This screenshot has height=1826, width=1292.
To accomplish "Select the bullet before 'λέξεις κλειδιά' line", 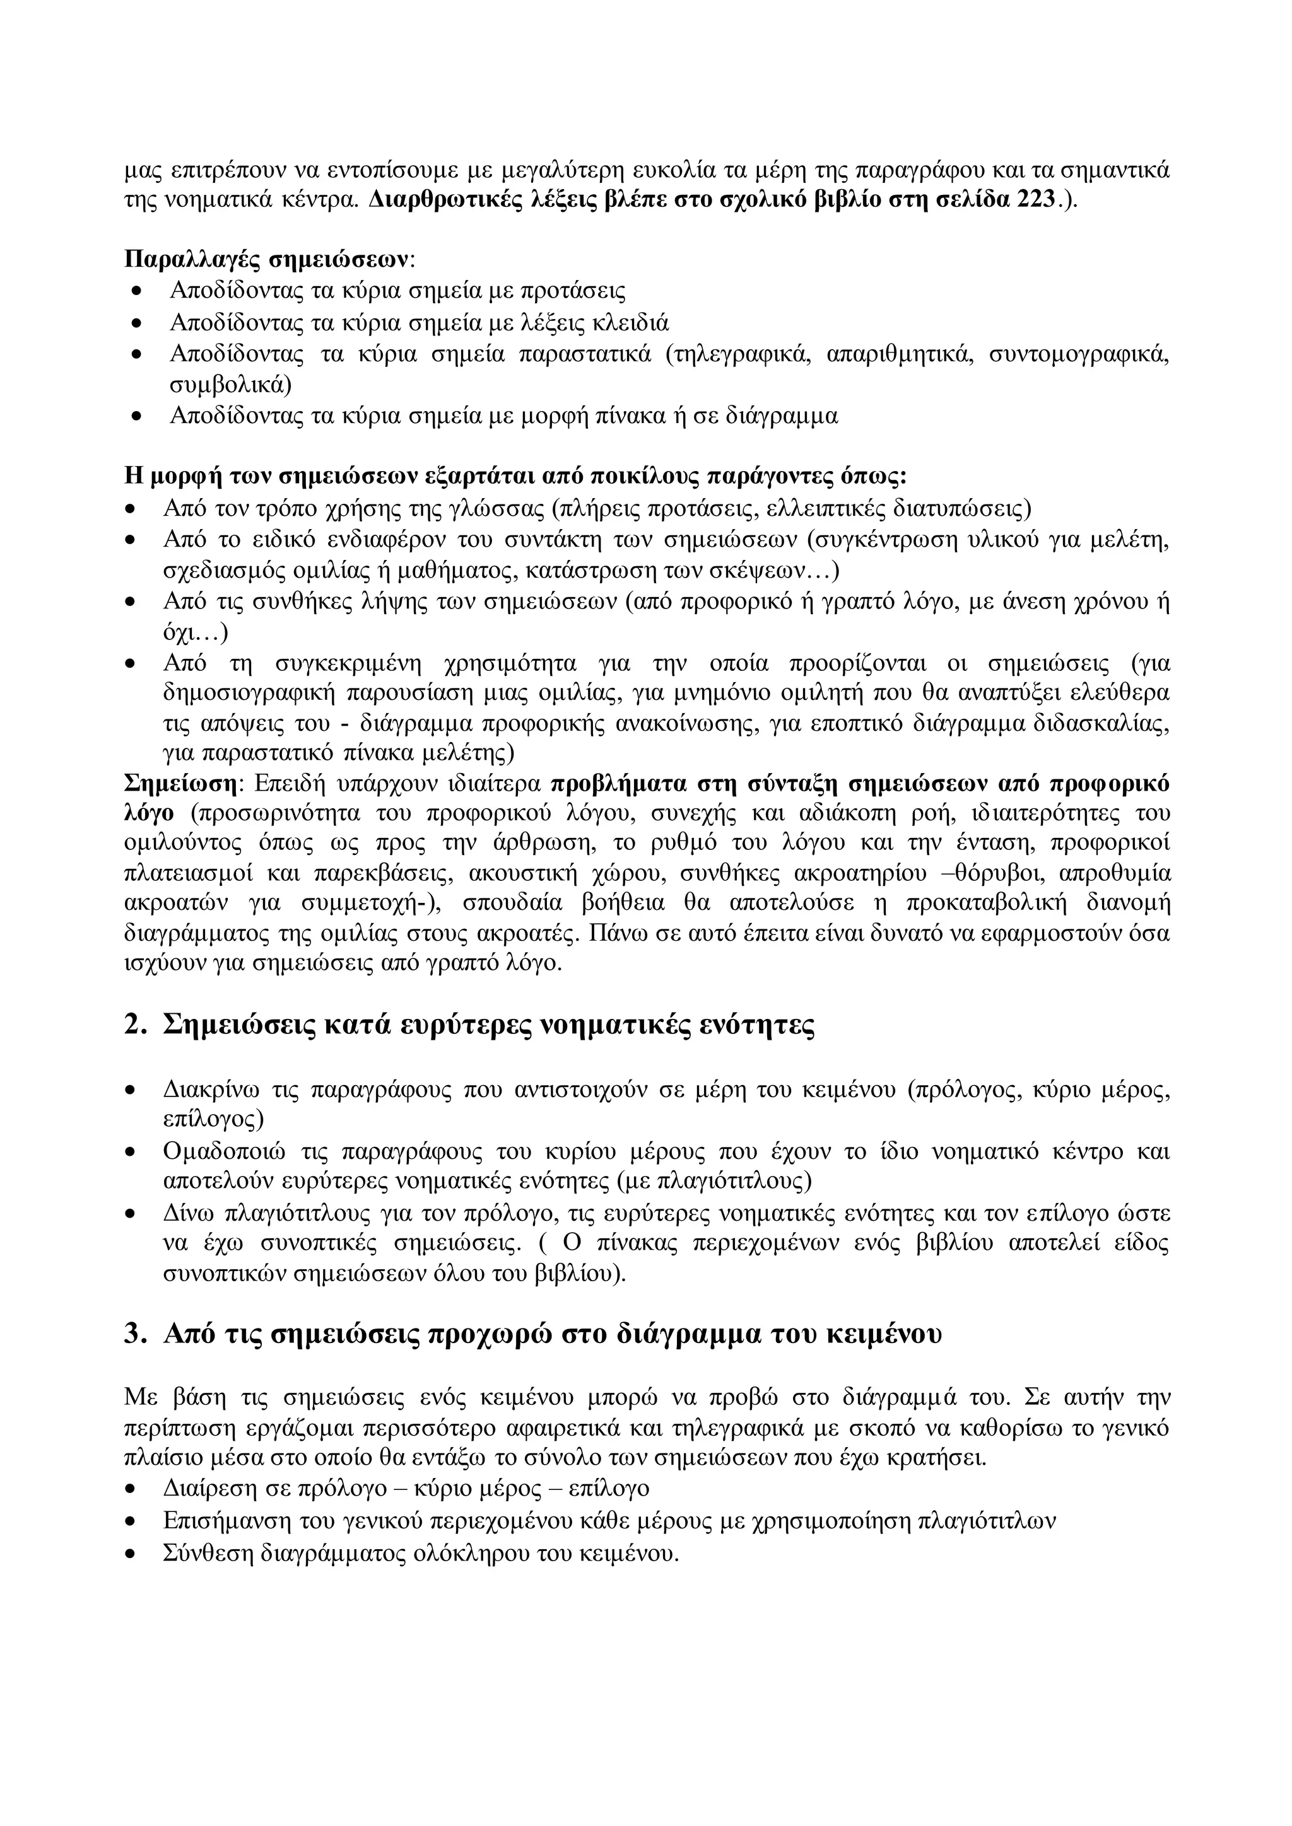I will coord(137,323).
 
